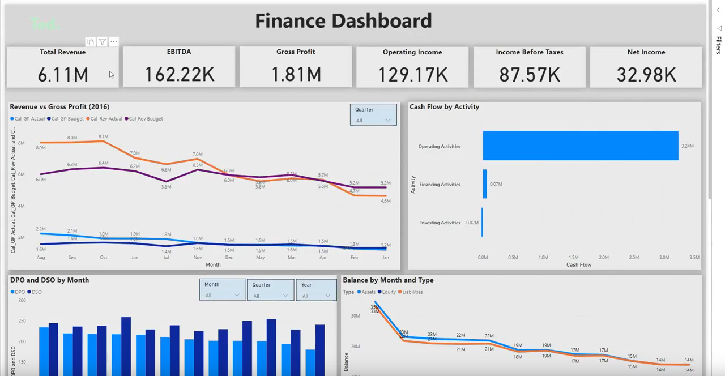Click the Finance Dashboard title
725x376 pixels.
(343, 21)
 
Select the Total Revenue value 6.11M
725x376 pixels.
(63, 74)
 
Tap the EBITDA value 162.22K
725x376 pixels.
(179, 74)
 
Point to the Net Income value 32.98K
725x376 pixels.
(646, 74)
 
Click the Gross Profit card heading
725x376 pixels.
(296, 52)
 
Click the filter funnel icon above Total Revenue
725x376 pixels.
(102, 42)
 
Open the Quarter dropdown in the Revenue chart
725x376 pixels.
(373, 120)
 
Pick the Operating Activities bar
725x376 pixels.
(580, 146)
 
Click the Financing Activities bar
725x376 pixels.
(485, 184)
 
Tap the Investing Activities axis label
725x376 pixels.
(440, 223)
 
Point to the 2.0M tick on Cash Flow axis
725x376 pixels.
(604, 257)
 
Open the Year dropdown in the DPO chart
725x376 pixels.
(315, 295)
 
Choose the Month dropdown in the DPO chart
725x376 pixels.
(222, 295)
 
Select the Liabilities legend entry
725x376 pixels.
(412, 292)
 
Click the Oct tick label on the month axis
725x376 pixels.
(103, 257)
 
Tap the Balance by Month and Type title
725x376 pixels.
(388, 280)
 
